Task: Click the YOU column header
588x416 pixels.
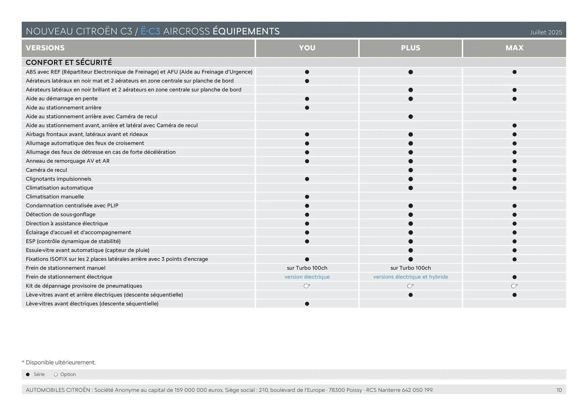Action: click(x=307, y=48)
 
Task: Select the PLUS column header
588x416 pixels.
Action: click(x=410, y=48)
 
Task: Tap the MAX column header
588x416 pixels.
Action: click(x=514, y=48)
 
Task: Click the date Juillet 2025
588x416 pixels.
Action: click(x=546, y=32)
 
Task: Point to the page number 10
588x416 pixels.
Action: click(x=559, y=390)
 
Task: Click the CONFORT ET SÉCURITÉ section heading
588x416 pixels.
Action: click(x=69, y=62)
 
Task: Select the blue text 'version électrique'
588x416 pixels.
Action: click(x=307, y=277)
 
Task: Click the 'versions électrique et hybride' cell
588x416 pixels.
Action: click(x=410, y=277)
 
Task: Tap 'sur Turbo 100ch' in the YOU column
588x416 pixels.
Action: click(x=307, y=268)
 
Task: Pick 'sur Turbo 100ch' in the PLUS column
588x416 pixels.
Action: click(x=410, y=268)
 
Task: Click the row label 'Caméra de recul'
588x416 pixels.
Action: click(x=46, y=170)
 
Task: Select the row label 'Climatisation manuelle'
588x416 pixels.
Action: click(x=55, y=197)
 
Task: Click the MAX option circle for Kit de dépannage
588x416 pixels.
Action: click(x=513, y=286)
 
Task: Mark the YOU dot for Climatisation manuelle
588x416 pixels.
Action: click(x=307, y=197)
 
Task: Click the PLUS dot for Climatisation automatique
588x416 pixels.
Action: click(x=410, y=188)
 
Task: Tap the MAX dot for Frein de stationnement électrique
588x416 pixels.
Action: click(x=514, y=277)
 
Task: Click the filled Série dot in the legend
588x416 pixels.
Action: click(x=28, y=374)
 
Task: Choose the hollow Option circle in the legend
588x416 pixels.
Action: click(x=56, y=374)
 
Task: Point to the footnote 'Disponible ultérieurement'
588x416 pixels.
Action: click(x=61, y=362)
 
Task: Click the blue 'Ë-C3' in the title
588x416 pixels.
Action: click(x=150, y=31)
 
